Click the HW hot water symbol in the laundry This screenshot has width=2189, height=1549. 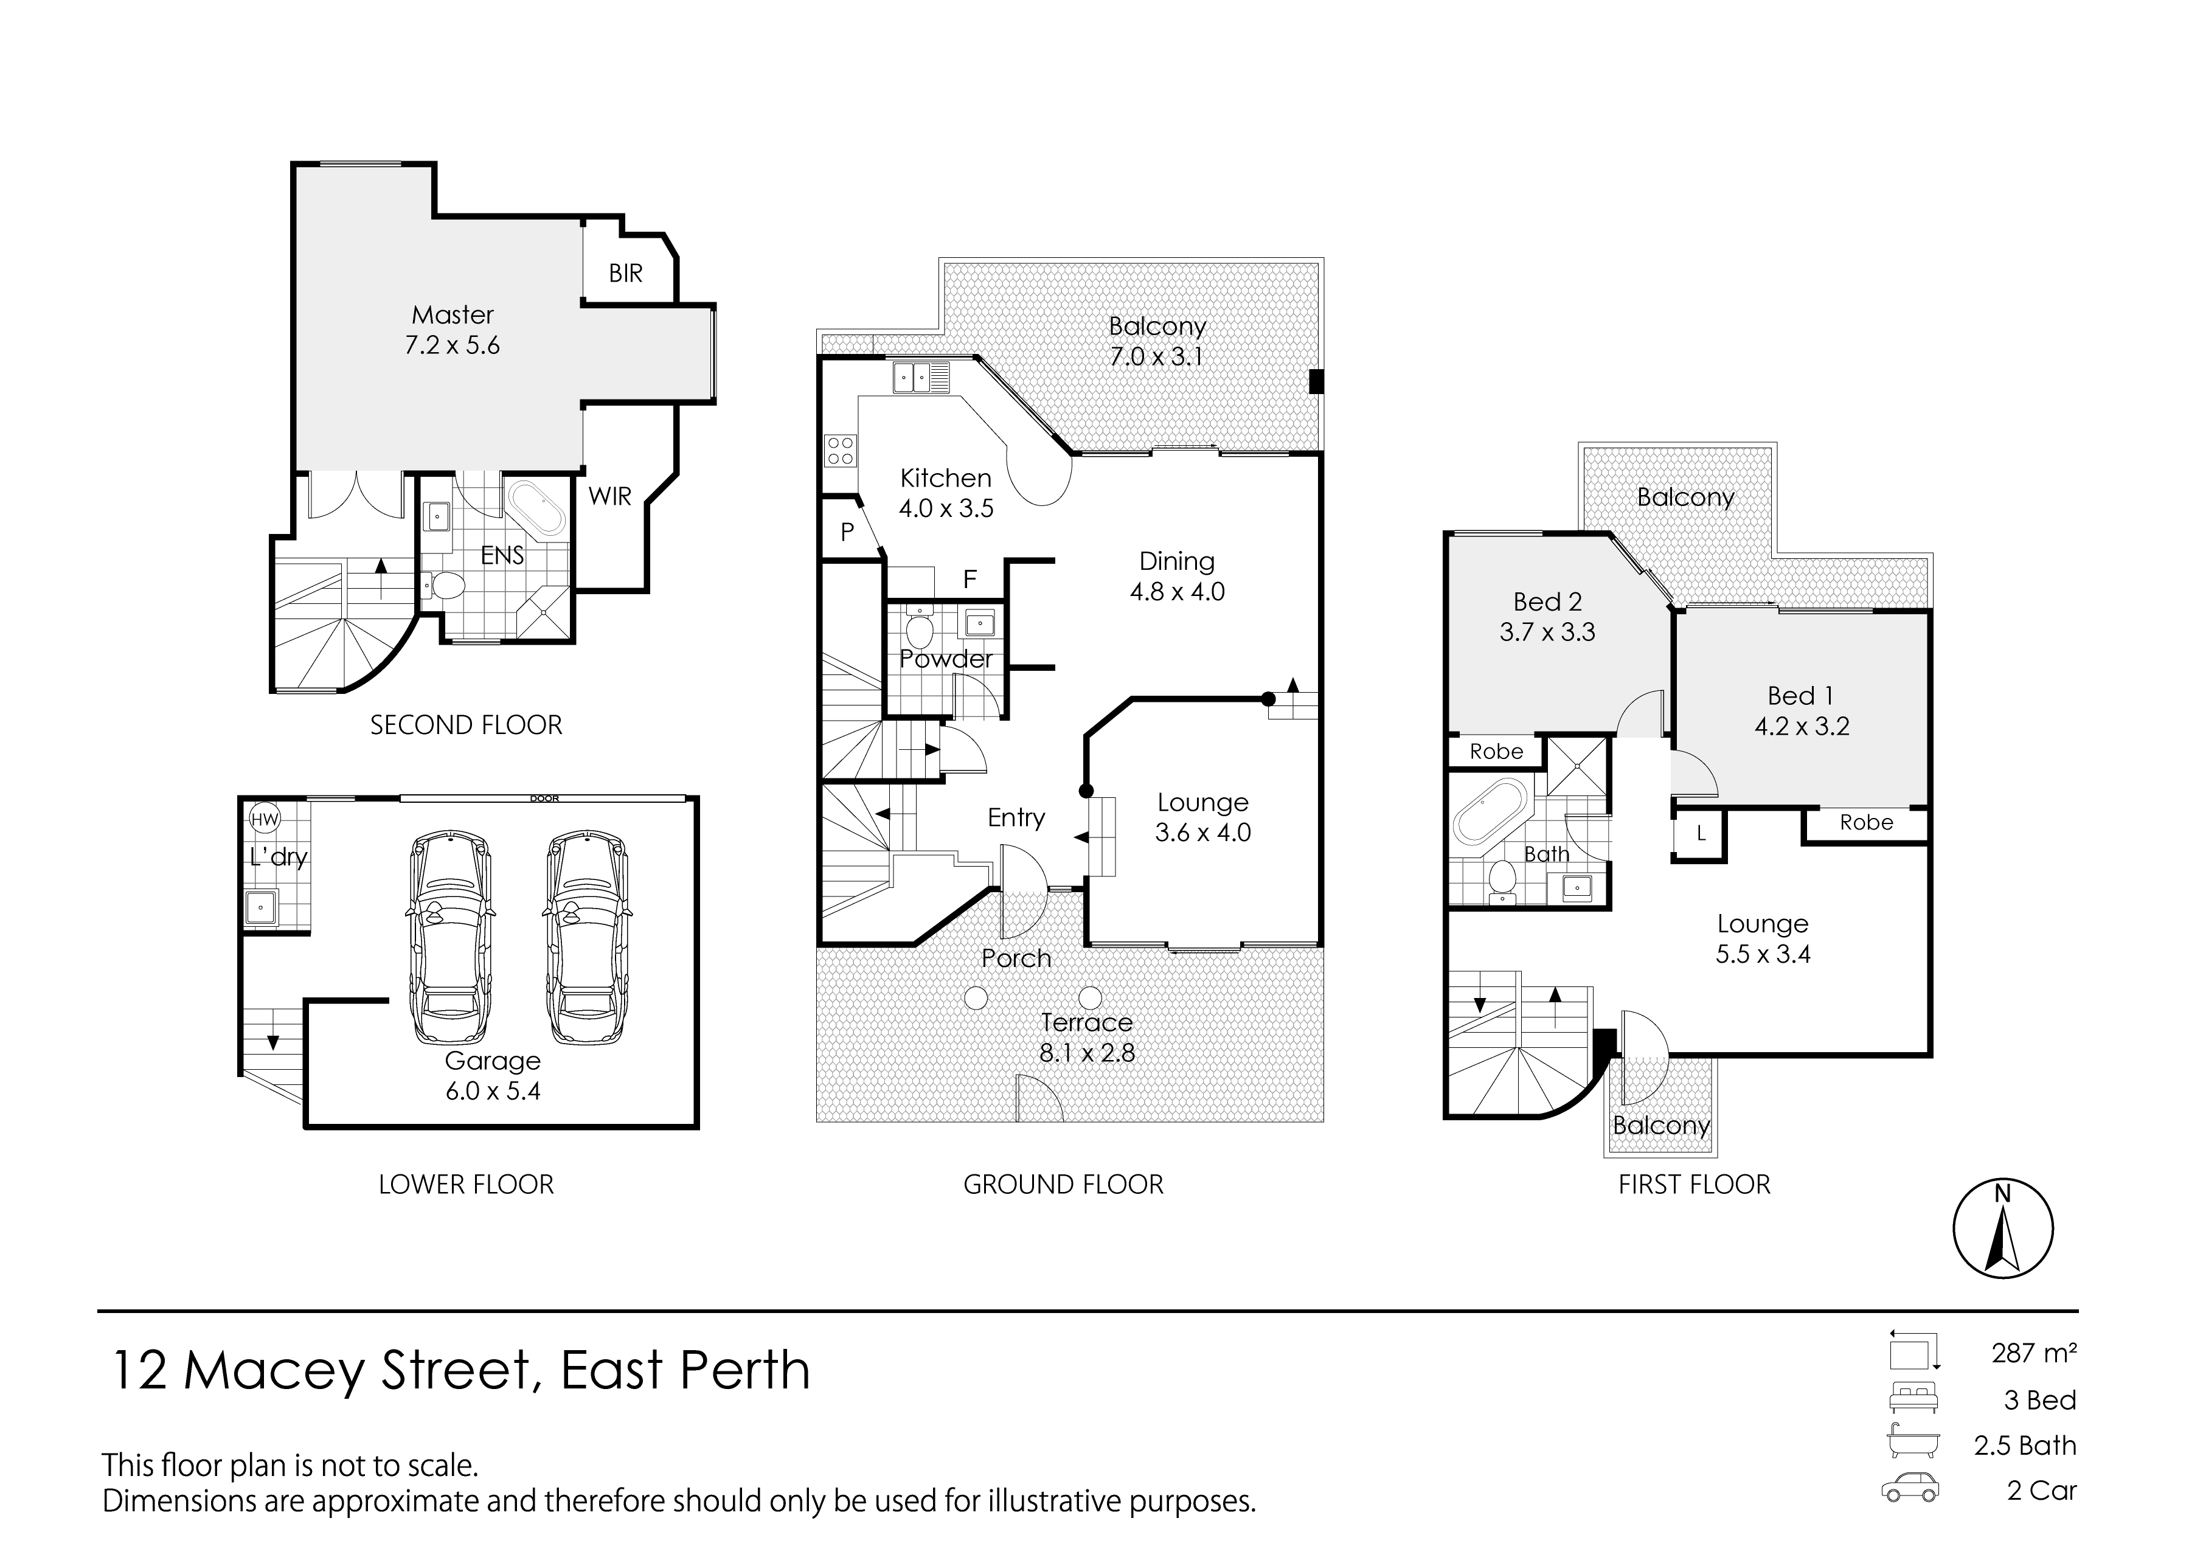coord(264,819)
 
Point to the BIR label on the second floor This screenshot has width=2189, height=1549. coord(626,274)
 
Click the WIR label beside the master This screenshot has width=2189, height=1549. coord(609,496)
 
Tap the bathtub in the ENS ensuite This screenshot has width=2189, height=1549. coord(535,511)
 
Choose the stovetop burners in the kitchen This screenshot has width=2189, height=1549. coord(841,450)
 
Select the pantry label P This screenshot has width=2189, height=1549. coord(847,532)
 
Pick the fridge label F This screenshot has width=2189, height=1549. coord(970,579)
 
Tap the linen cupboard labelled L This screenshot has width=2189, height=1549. coord(1701,834)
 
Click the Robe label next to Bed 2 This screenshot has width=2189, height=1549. coord(1496,752)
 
